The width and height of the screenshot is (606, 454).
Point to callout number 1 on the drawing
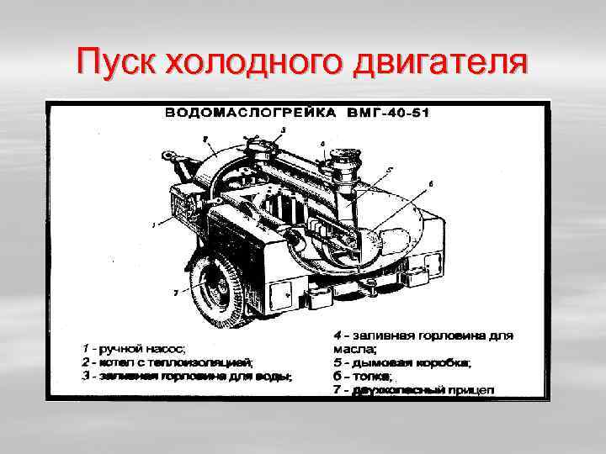(153, 224)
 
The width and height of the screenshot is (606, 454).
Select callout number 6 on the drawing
(431, 182)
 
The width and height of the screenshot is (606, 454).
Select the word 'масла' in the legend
(354, 348)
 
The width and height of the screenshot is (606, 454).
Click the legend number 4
(338, 335)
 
